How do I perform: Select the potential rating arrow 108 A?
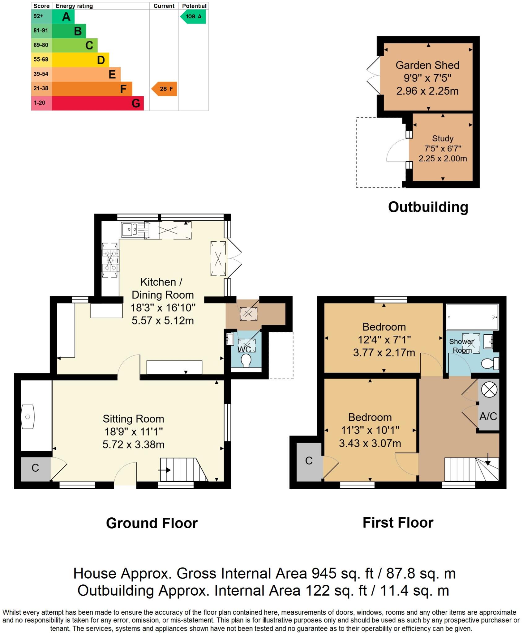[193, 16]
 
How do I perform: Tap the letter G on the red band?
[136, 103]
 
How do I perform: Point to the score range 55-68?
[41, 59]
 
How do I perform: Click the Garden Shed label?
[427, 65]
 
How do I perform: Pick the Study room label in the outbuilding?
[443, 138]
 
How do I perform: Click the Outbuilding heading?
[428, 207]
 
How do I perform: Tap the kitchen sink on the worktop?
[130, 229]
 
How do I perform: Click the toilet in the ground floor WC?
[246, 361]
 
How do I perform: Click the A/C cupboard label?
[488, 416]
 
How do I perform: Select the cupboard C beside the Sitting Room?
[35, 468]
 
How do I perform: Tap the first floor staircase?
[471, 469]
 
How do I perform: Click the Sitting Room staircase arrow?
[164, 470]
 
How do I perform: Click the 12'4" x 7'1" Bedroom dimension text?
[384, 340]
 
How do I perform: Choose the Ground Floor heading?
[152, 523]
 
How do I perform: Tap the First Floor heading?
[398, 523]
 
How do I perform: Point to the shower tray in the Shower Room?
[472, 317]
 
